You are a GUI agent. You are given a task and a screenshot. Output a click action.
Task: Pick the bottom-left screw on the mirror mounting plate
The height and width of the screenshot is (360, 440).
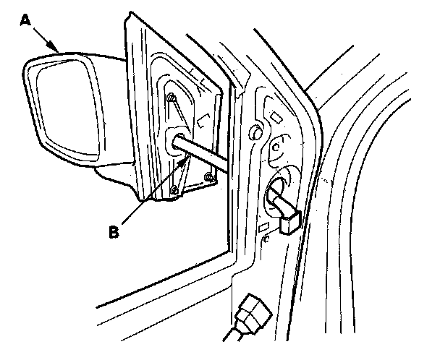[174, 190]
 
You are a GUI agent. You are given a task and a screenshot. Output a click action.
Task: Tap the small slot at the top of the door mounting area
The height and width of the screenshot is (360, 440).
[275, 116]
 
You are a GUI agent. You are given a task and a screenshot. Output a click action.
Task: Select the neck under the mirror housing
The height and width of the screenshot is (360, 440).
[116, 173]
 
